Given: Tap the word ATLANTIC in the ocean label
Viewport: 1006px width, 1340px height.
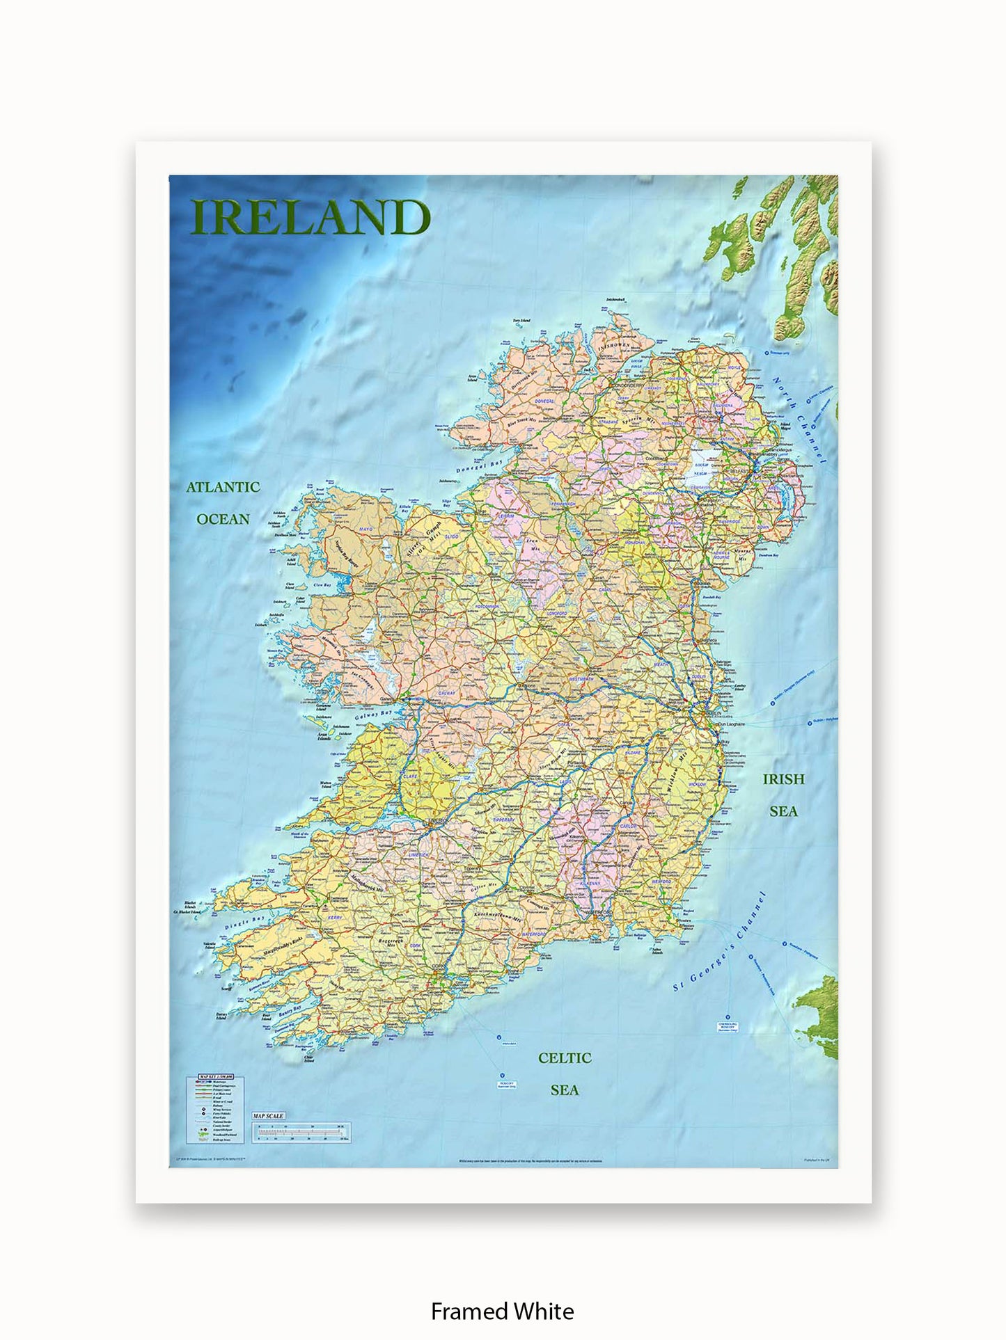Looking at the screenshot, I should click(x=223, y=487).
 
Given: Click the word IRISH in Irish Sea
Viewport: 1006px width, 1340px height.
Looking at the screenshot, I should click(x=783, y=779).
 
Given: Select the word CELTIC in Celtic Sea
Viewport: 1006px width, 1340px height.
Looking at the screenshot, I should click(x=565, y=1058).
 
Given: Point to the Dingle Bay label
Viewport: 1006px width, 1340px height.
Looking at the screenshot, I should click(x=245, y=923).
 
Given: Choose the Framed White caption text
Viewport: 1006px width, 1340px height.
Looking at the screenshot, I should click(x=503, y=1311).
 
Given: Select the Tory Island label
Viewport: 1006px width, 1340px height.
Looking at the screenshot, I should click(x=521, y=321).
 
